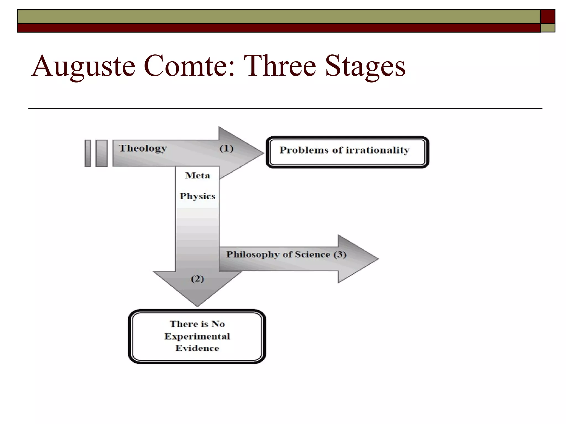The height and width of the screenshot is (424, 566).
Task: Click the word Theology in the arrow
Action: coord(143,149)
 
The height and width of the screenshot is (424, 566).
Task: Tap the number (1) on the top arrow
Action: coord(226,149)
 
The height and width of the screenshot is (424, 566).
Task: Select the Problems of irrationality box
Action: coord(347,152)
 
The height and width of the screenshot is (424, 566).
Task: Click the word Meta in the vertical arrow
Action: coord(197,175)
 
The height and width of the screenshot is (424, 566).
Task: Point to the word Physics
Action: coord(197,196)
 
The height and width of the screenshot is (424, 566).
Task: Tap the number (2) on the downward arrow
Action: coord(197,279)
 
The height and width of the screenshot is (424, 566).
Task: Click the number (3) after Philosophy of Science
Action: coord(340,254)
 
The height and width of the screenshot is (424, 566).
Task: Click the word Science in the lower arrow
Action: coord(313,254)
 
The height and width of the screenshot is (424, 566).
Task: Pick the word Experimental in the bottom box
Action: coord(197,336)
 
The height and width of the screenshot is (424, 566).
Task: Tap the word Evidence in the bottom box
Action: coord(197,348)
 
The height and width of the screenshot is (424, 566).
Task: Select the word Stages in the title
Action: coord(365,66)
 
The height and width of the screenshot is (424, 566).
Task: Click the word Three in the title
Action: coord(280,66)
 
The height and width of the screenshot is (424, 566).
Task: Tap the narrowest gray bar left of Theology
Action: coord(88,153)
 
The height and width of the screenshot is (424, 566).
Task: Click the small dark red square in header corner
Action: coord(547,17)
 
